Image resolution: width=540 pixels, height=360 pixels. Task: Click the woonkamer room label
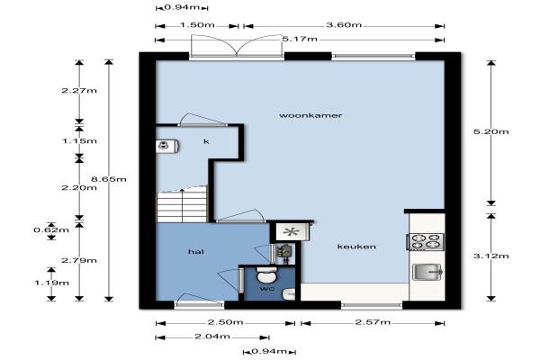[310, 115]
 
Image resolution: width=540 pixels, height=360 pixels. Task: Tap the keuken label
[356, 247]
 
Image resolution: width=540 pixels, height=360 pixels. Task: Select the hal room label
[196, 252]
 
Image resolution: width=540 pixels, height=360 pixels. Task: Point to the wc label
[267, 289]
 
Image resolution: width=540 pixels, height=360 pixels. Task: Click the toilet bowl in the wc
[267, 274]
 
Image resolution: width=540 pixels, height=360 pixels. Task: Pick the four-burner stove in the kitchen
[426, 241]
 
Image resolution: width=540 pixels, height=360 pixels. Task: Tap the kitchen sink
[427, 272]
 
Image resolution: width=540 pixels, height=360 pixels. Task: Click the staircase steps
[183, 206]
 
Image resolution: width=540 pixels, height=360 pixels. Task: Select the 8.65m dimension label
[109, 179]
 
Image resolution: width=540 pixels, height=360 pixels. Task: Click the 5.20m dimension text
[491, 131]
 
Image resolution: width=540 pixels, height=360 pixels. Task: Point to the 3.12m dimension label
[491, 256]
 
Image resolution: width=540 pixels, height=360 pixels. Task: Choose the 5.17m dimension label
[300, 39]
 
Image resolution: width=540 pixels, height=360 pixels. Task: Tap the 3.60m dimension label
[344, 25]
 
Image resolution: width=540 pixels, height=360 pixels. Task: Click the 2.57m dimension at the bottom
[373, 322]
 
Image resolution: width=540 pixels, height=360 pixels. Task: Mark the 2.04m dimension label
[212, 337]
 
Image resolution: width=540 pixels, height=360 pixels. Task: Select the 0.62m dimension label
[51, 229]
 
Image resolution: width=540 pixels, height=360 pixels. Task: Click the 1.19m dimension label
[51, 283]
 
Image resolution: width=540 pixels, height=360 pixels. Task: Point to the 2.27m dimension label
[79, 91]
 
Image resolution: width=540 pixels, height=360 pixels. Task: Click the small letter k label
[206, 141]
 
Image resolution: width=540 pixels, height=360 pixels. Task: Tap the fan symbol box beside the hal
[292, 232]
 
